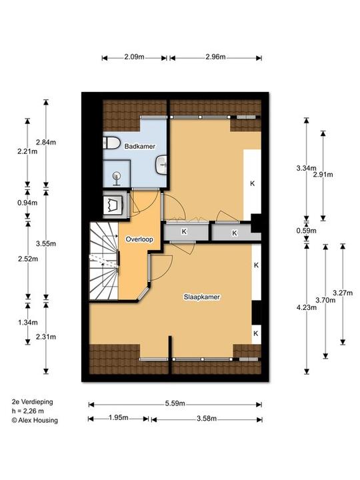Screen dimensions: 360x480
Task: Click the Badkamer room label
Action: tap(139, 146)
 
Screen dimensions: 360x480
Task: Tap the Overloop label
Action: tap(139, 239)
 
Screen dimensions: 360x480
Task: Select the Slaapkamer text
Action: tap(202, 297)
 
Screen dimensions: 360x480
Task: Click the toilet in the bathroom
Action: tap(111, 143)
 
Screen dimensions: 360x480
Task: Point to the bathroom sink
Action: tap(161, 165)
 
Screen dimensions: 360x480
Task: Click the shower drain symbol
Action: tap(116, 179)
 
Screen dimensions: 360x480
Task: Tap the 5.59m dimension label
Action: tap(175, 403)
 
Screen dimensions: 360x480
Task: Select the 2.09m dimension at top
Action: tap(134, 57)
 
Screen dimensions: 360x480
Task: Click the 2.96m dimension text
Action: tap(215, 57)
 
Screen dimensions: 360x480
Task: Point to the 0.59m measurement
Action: tap(306, 231)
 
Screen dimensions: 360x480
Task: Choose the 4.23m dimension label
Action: tap(307, 307)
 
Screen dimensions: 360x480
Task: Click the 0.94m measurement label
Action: tap(27, 203)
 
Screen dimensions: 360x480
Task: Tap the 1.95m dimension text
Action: tap(119, 417)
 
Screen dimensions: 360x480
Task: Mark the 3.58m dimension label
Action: tap(207, 419)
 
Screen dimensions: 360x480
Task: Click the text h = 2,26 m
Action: tap(28, 411)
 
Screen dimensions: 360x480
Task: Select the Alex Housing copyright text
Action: tap(35, 420)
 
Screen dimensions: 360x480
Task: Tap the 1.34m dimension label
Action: tap(28, 323)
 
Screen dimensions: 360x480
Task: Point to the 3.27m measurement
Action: tap(343, 293)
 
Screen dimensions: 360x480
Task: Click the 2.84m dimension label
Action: tap(46, 142)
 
